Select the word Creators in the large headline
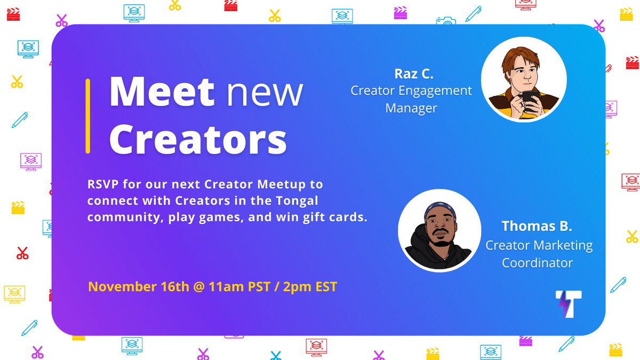pyautogui.click(x=198, y=139)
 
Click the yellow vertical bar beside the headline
pyautogui.click(x=88, y=116)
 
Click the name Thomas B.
pyautogui.click(x=537, y=226)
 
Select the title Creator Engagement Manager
pyautogui.click(x=411, y=99)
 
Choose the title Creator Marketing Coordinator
pyautogui.click(x=539, y=254)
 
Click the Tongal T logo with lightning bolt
pyautogui.click(x=568, y=304)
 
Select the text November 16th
pyautogui.click(x=139, y=287)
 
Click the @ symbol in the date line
pyautogui.click(x=199, y=287)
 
